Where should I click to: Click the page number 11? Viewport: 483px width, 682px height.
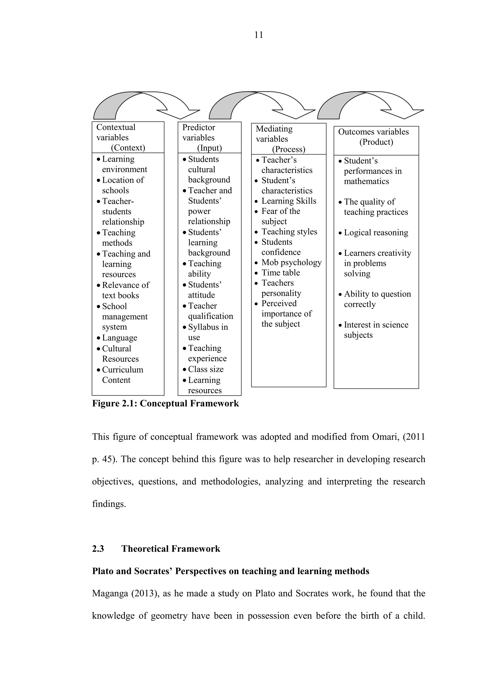pos(258,35)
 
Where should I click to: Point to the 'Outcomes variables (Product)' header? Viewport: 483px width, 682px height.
pos(376,137)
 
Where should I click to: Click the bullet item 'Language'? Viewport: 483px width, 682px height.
pos(119,338)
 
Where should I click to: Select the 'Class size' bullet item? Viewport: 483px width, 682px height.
pos(205,369)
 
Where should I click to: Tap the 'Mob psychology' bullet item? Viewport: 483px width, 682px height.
pos(291,263)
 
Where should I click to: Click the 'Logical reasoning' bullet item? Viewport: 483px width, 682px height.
pos(376,233)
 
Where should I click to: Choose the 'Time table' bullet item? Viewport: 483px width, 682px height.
pos(280,273)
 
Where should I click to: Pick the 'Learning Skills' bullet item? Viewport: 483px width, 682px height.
pos(288,201)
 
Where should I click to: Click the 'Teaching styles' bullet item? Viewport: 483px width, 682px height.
pos(289,232)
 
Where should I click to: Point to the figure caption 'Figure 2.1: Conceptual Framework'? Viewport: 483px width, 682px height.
pos(165,404)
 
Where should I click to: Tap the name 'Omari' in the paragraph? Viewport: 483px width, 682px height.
pos(385,437)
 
